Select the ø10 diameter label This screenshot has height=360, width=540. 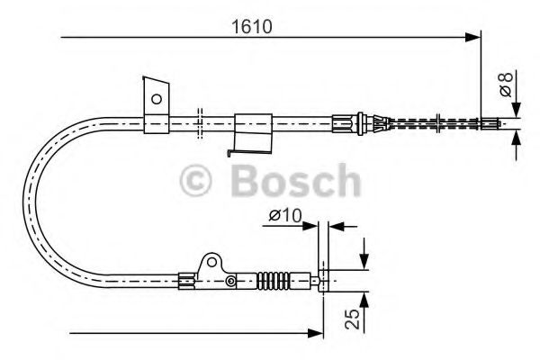click(285, 216)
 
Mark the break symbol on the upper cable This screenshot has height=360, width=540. click(199, 121)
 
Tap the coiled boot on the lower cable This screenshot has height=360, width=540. click(274, 280)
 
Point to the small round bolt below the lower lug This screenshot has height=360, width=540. click(231, 283)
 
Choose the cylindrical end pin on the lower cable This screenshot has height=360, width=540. click(325, 280)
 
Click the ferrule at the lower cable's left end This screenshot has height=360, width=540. click(186, 280)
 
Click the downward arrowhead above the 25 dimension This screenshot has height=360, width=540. click(364, 261)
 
